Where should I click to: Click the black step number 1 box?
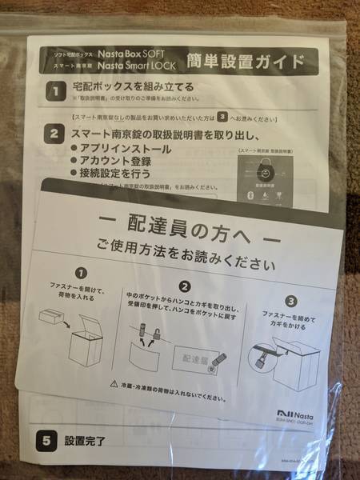(x=54, y=90)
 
